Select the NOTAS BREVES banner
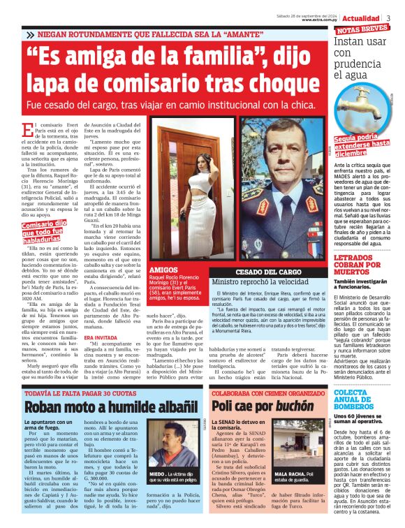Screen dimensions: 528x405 tap(362, 30)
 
